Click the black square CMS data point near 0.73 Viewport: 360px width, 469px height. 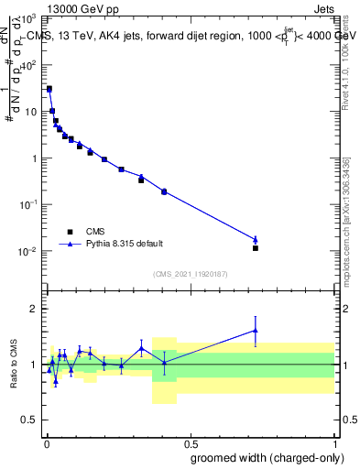pyautogui.click(x=256, y=248)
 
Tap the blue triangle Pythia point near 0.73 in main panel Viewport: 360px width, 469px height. pyautogui.click(x=256, y=240)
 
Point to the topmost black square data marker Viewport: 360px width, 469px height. pyautogui.click(x=49, y=89)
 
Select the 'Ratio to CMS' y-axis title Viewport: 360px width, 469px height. pyautogui.click(x=14, y=365)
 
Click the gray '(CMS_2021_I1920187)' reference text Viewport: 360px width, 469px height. pyautogui.click(x=190, y=273)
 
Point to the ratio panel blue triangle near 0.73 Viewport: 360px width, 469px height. pyautogui.click(x=256, y=331)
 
